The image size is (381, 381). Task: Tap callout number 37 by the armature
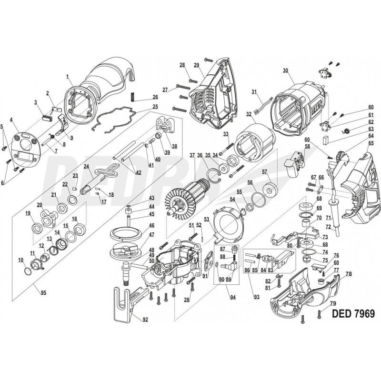[x=192, y=155]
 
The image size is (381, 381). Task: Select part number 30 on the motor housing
[x=285, y=70]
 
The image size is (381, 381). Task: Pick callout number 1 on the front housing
[x=68, y=76]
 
